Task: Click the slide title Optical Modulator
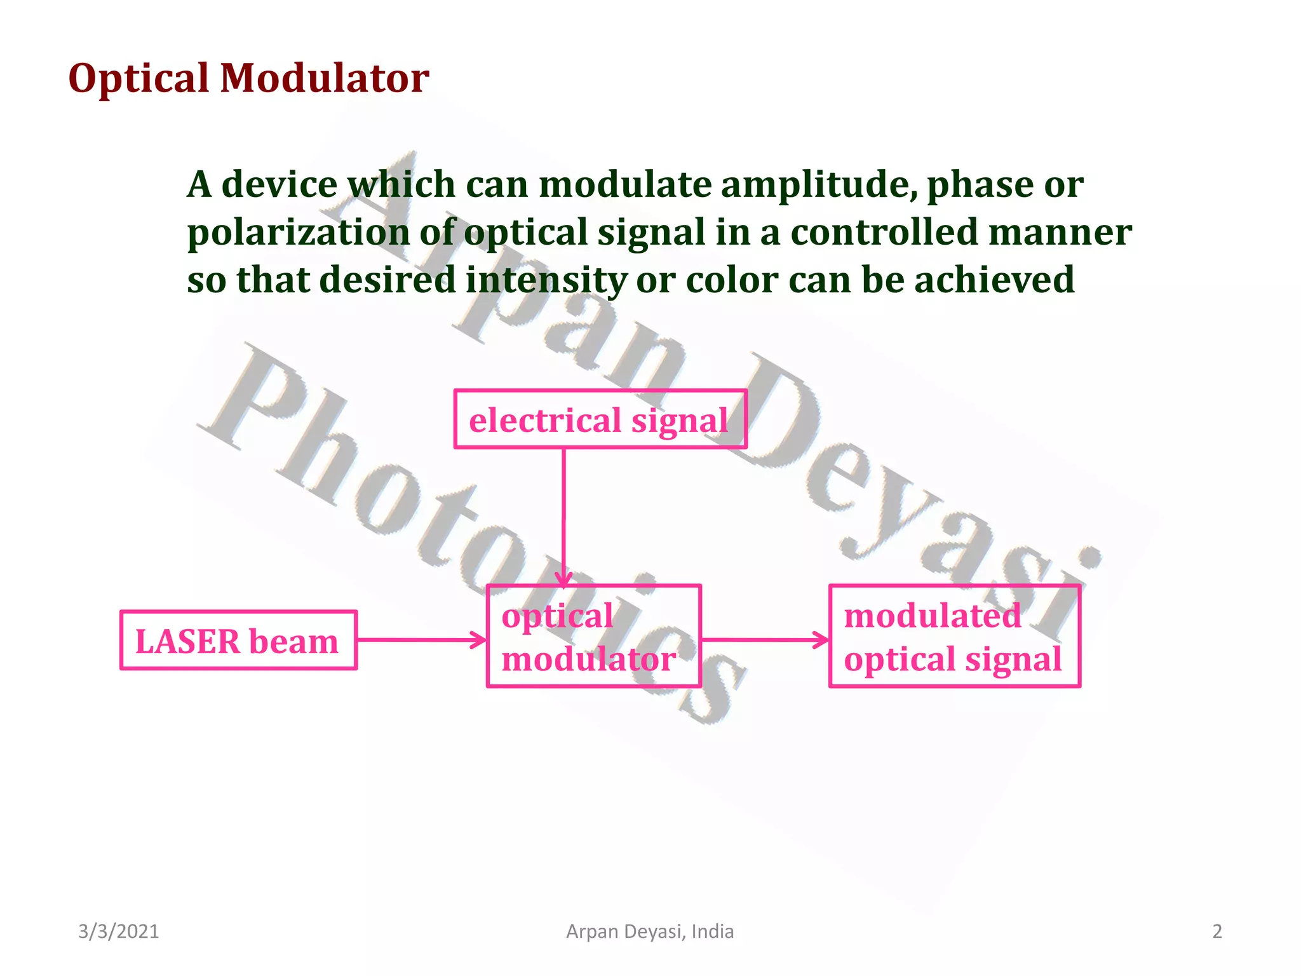point(248,78)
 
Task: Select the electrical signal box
point(600,419)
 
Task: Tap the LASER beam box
point(238,640)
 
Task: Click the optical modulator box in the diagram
point(593,636)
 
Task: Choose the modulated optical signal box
point(954,636)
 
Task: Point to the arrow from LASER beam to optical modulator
point(421,639)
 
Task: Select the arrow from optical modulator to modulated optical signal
point(765,639)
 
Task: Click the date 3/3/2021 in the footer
point(118,932)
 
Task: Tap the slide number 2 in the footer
point(1217,932)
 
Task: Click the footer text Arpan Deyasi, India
point(650,932)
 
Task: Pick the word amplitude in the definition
point(819,185)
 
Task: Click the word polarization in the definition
point(299,233)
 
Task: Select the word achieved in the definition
point(994,280)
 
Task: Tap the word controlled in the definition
point(884,233)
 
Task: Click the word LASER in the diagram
point(187,641)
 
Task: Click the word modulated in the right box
point(932,616)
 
